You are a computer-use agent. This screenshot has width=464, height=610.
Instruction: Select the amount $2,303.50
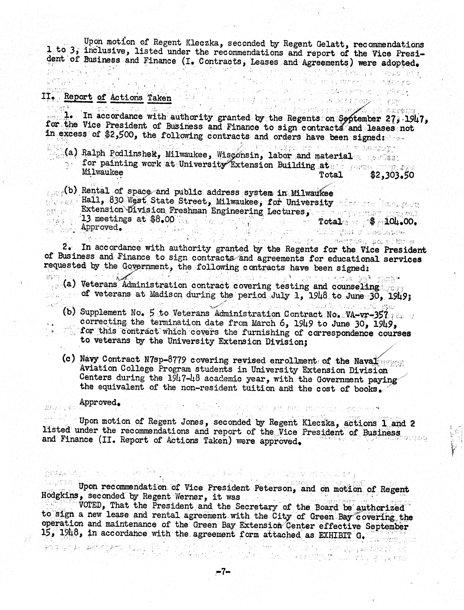(392, 175)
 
